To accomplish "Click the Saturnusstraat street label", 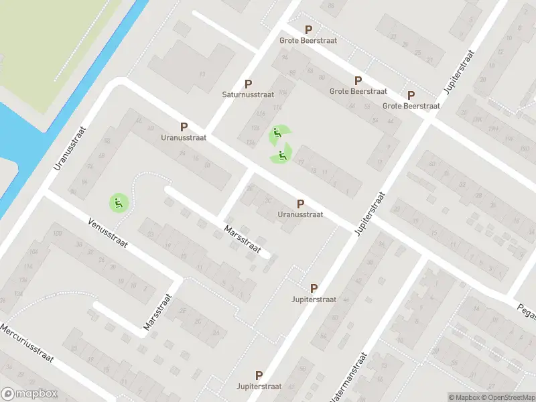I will point(248,94).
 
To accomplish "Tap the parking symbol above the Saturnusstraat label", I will point(248,84).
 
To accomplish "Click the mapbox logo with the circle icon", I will point(29,394).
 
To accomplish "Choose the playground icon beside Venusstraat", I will point(119,202).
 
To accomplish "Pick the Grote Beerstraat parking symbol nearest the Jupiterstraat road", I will point(411,95).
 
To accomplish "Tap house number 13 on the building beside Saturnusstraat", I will point(202,72).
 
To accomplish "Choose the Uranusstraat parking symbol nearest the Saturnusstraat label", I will point(184,126).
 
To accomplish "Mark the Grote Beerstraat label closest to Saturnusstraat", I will point(309,40).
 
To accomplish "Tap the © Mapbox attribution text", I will point(465,398).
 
